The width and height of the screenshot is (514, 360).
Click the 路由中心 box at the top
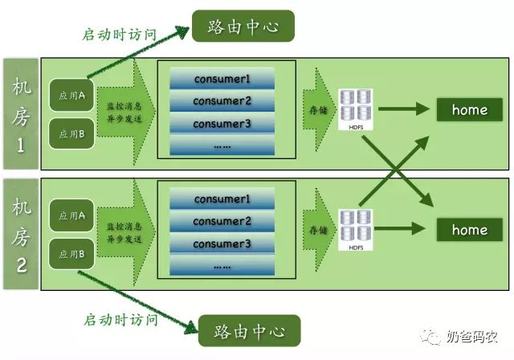pos(242,27)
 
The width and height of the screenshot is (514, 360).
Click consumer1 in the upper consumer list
pos(222,80)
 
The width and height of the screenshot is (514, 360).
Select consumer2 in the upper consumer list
pos(222,101)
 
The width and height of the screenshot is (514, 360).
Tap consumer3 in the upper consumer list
pos(222,124)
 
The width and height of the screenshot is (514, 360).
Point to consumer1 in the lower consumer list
pos(222,198)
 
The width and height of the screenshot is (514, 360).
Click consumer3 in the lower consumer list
pos(222,243)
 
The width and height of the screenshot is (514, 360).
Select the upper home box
pos(470,110)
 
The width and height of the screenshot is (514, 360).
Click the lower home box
pos(470,231)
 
